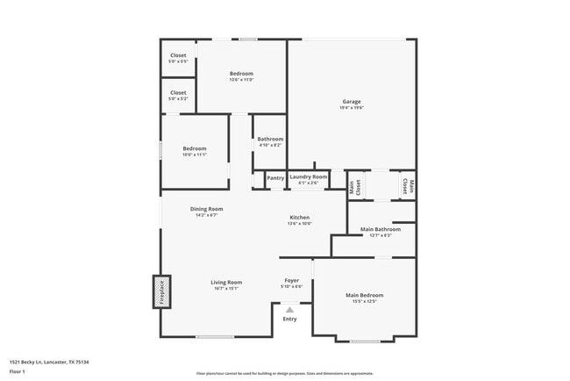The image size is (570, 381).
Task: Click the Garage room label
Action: tap(351, 101)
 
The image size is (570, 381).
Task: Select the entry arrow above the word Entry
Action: tap(289, 309)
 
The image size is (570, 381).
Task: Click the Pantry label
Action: tap(275, 177)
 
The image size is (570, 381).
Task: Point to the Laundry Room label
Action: tap(308, 176)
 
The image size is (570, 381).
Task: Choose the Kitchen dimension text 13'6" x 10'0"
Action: tap(299, 224)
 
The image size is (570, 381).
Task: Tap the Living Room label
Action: tap(225, 282)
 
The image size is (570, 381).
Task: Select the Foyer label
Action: tap(291, 280)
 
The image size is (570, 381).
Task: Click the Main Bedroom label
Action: tap(364, 295)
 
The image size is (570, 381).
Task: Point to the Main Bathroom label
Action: tap(381, 229)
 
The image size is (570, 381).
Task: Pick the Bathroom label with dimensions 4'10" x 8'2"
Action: tap(270, 139)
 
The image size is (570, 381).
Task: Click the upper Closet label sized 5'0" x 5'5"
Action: tap(178, 55)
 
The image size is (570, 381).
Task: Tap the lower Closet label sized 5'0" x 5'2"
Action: tap(178, 92)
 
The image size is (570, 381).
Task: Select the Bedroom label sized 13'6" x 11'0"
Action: tap(241, 73)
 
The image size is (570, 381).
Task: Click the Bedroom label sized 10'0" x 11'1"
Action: tap(194, 148)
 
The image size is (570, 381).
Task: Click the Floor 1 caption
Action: tap(18, 371)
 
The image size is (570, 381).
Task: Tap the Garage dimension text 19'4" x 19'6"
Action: tap(351, 108)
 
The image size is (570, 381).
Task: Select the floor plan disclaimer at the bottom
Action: tap(284, 373)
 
